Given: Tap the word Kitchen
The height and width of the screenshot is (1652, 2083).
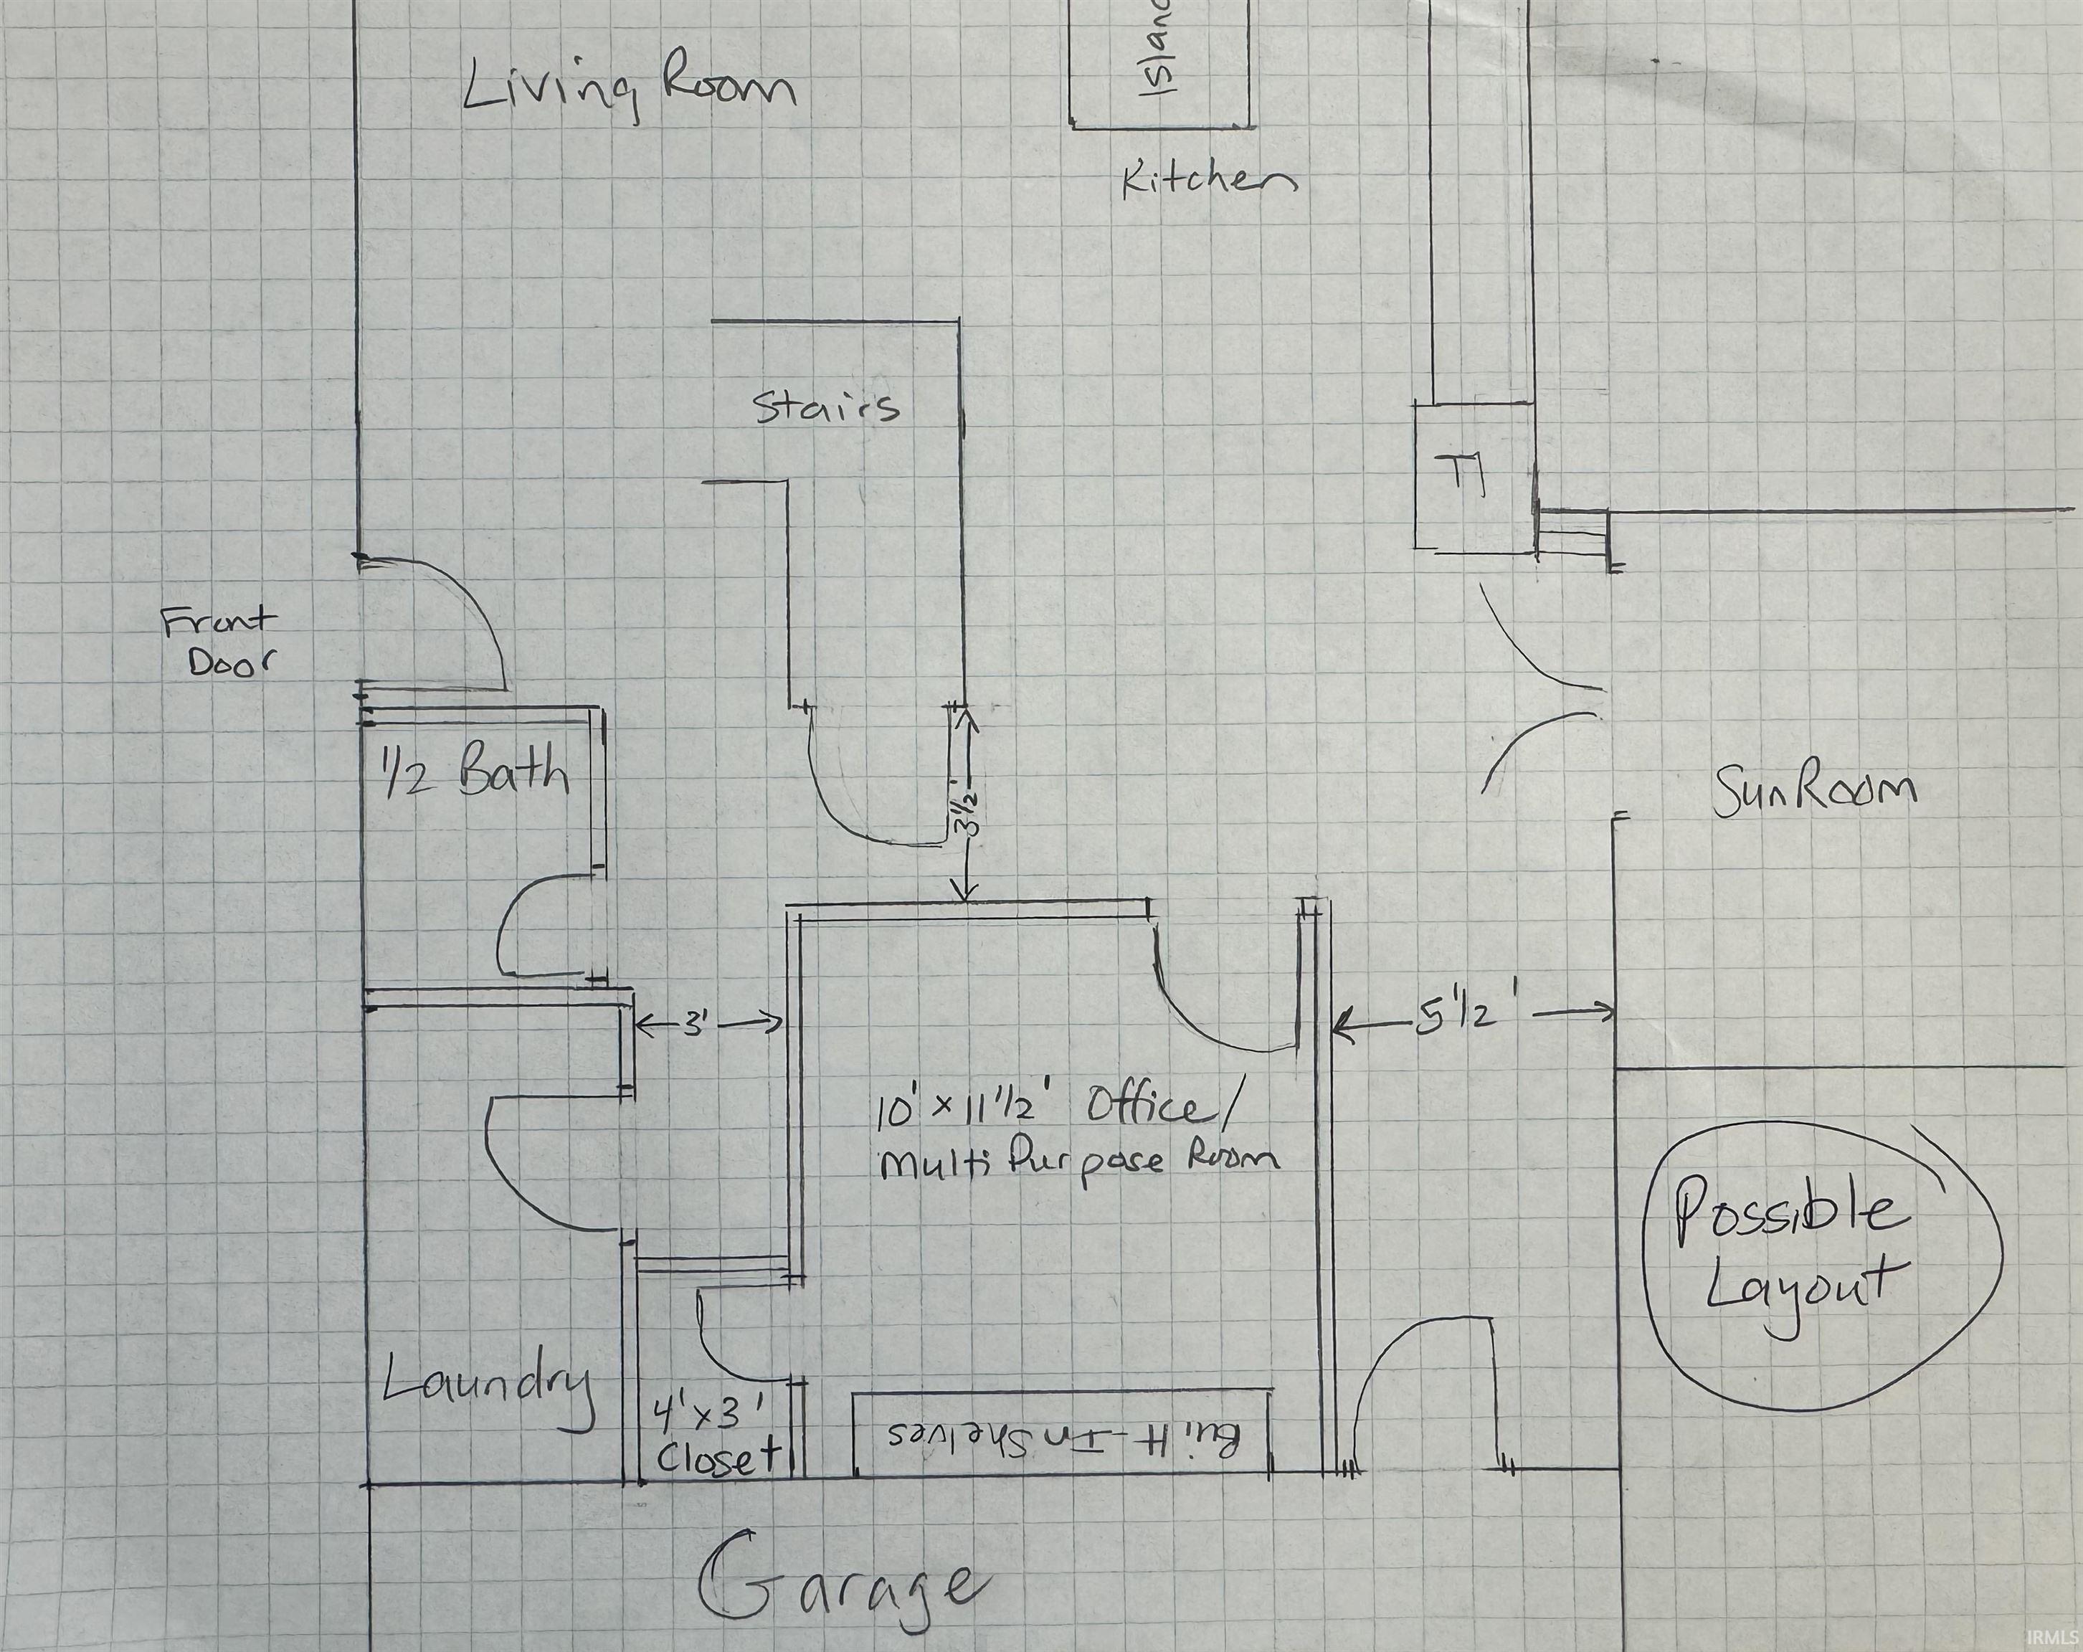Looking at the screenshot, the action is [1209, 181].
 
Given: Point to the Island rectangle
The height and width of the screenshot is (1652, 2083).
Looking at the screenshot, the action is [1159, 64].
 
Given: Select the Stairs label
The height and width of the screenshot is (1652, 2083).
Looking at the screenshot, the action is [827, 408].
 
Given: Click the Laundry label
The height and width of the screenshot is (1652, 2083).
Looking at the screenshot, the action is [488, 1387].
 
